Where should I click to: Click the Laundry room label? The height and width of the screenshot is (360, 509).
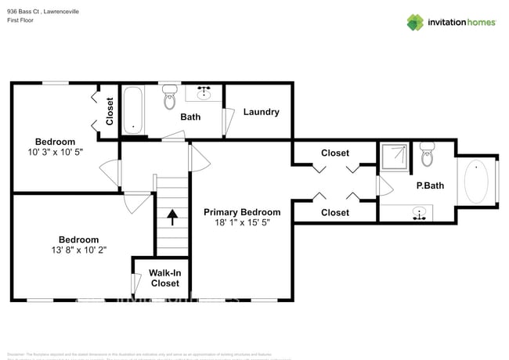(261, 112)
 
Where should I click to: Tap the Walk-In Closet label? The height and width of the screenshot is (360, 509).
(164, 278)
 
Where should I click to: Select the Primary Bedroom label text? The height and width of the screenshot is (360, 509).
(242, 212)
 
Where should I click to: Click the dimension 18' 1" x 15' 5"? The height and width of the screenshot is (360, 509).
(242, 223)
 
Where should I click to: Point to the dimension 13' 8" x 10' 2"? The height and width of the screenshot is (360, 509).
(78, 250)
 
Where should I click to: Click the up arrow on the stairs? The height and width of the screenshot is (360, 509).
(172, 216)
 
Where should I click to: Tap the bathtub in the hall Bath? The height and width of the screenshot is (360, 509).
(133, 110)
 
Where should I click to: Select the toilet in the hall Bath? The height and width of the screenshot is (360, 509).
(169, 99)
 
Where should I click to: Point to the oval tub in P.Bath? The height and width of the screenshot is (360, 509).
(476, 181)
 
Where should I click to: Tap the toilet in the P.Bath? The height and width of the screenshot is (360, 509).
(427, 156)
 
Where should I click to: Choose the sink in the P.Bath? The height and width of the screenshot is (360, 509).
(421, 212)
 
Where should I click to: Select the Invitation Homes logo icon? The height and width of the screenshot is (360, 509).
(415, 22)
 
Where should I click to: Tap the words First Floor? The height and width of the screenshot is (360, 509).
(21, 21)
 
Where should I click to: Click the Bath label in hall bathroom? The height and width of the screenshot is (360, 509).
(190, 117)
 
